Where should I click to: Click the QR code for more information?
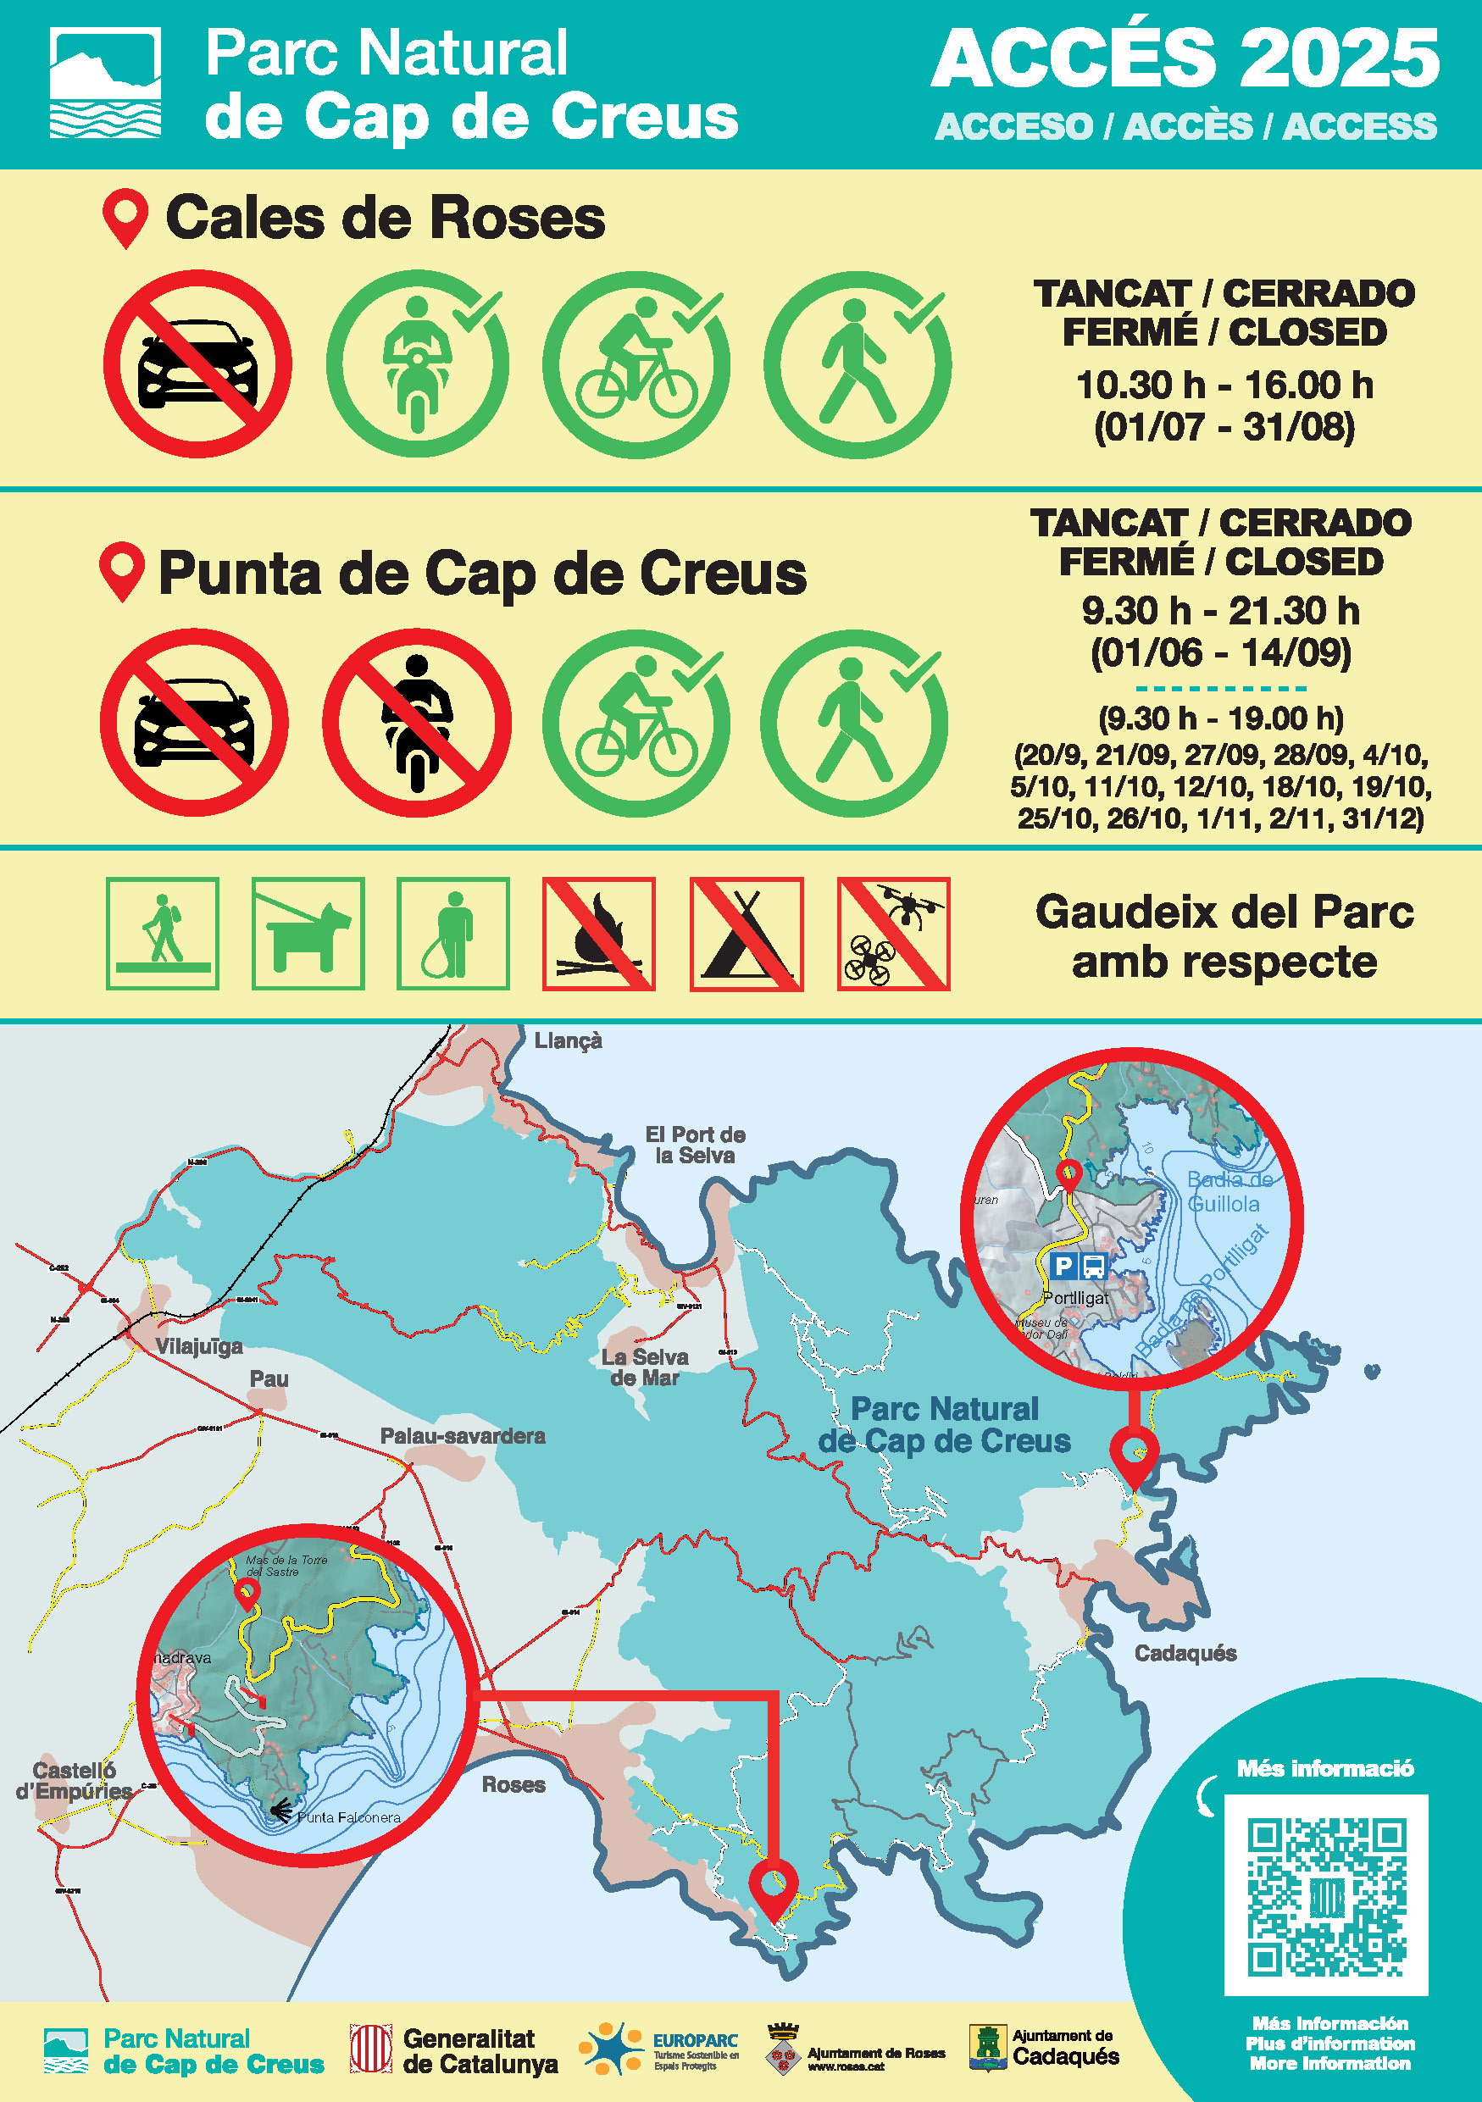click(1325, 1896)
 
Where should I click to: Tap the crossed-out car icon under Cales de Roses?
click(197, 363)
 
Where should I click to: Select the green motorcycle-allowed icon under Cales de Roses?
click(418, 363)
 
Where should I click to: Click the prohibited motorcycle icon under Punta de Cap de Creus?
click(417, 723)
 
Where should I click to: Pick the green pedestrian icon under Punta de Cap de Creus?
click(853, 723)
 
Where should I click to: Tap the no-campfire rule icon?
click(599, 934)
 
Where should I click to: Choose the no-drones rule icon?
click(893, 934)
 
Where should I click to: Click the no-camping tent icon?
click(746, 934)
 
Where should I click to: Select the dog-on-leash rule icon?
click(308, 934)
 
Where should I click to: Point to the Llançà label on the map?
click(569, 1041)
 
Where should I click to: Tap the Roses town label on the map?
click(513, 1784)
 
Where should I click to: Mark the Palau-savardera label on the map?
click(463, 1436)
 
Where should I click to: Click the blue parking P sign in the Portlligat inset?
click(1063, 1266)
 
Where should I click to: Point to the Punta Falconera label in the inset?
click(349, 1817)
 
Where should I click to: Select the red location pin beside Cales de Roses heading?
click(125, 218)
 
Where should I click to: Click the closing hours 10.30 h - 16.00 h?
click(1224, 385)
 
